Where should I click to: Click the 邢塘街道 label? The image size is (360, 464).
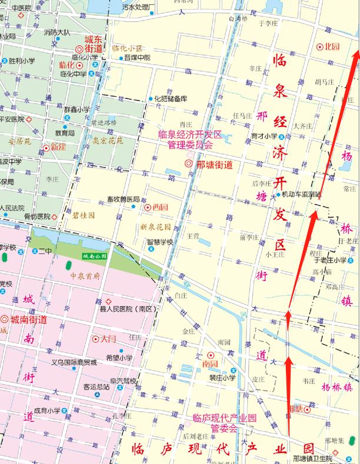pyautogui.click(x=214, y=165)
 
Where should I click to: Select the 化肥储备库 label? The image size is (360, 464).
pyautogui.click(x=171, y=99)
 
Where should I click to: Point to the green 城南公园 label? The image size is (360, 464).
pyautogui.click(x=94, y=256)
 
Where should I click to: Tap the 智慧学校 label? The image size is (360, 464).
pyautogui.click(x=160, y=242)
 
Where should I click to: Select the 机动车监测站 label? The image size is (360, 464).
pyautogui.click(x=302, y=194)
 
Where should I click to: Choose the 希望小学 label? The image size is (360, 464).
pyautogui.click(x=119, y=357)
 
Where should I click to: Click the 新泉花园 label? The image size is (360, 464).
pyautogui.click(x=156, y=226)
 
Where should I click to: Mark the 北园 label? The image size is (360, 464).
pyautogui.click(x=333, y=46)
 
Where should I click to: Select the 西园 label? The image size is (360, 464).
pyautogui.click(x=160, y=207)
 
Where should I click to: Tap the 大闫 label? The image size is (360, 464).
pyautogui.click(x=108, y=339)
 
